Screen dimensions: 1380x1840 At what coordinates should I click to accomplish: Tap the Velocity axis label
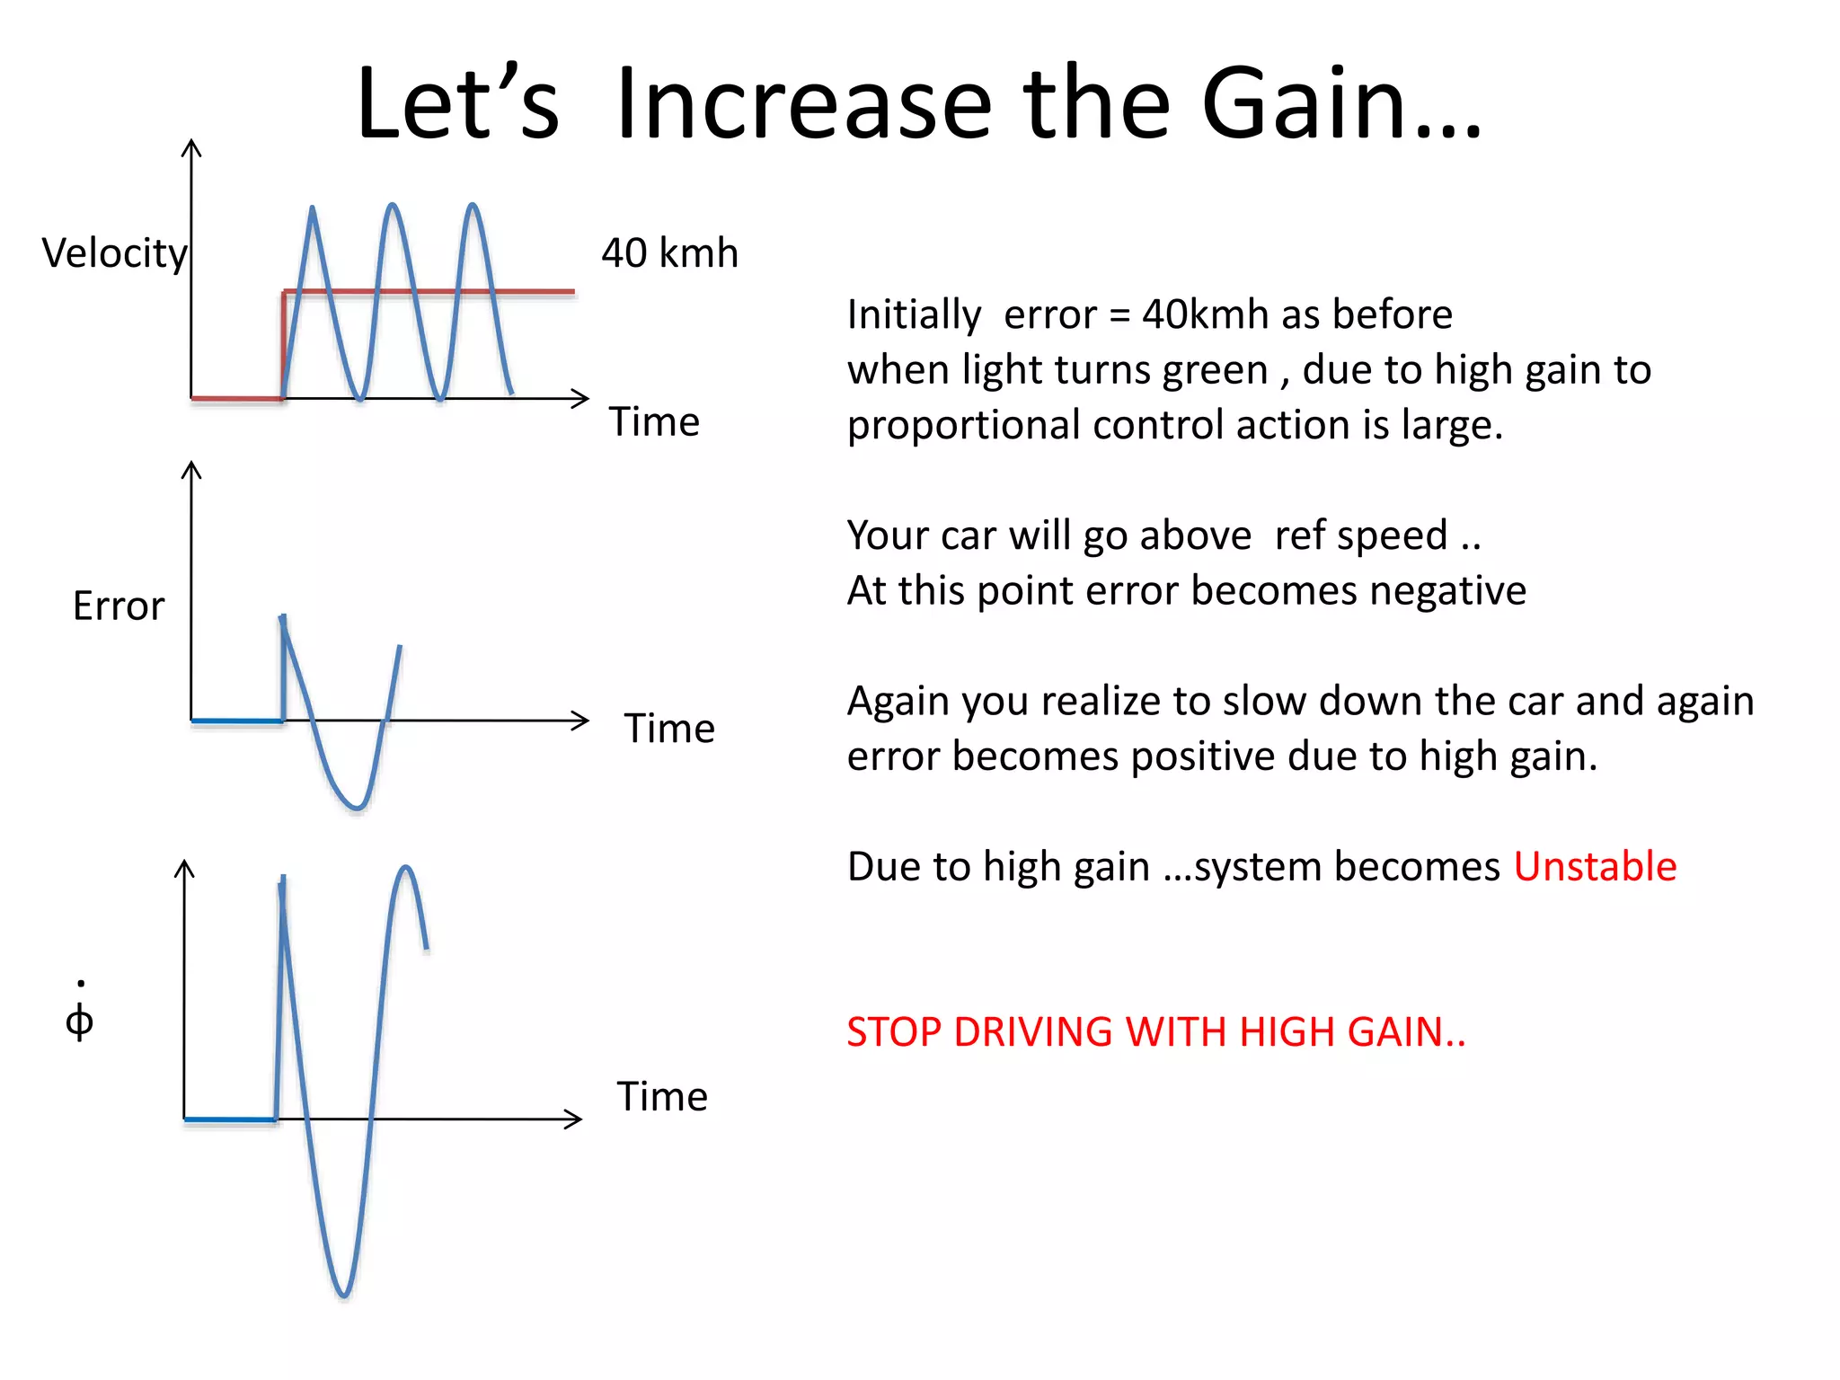(x=114, y=253)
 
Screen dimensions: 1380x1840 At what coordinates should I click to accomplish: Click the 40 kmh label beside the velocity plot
(x=669, y=253)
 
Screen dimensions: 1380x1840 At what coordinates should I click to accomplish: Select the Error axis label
(x=119, y=606)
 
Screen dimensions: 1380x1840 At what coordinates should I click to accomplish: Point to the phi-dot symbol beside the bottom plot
(x=80, y=1015)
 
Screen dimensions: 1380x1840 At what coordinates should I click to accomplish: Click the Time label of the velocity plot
(x=654, y=422)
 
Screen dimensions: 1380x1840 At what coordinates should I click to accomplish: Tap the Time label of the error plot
(x=669, y=729)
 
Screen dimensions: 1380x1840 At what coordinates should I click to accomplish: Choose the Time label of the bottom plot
(x=662, y=1097)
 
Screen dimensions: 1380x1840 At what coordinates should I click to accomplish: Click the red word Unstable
(x=1595, y=867)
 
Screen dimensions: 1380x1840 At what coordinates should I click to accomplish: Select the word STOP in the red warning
(x=893, y=1032)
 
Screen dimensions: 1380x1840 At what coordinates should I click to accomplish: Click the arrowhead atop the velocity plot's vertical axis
(x=191, y=147)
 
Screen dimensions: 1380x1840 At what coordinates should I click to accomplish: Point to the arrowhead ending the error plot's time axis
(x=580, y=721)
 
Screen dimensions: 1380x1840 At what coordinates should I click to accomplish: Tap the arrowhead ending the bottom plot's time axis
(x=574, y=1119)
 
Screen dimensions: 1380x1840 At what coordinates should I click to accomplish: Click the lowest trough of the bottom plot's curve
(x=343, y=1295)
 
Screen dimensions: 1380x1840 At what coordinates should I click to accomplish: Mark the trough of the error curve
(x=358, y=807)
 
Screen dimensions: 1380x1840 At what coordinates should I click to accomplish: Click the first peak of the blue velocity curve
(x=312, y=209)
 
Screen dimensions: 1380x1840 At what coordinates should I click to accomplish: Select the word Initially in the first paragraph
(x=914, y=315)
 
